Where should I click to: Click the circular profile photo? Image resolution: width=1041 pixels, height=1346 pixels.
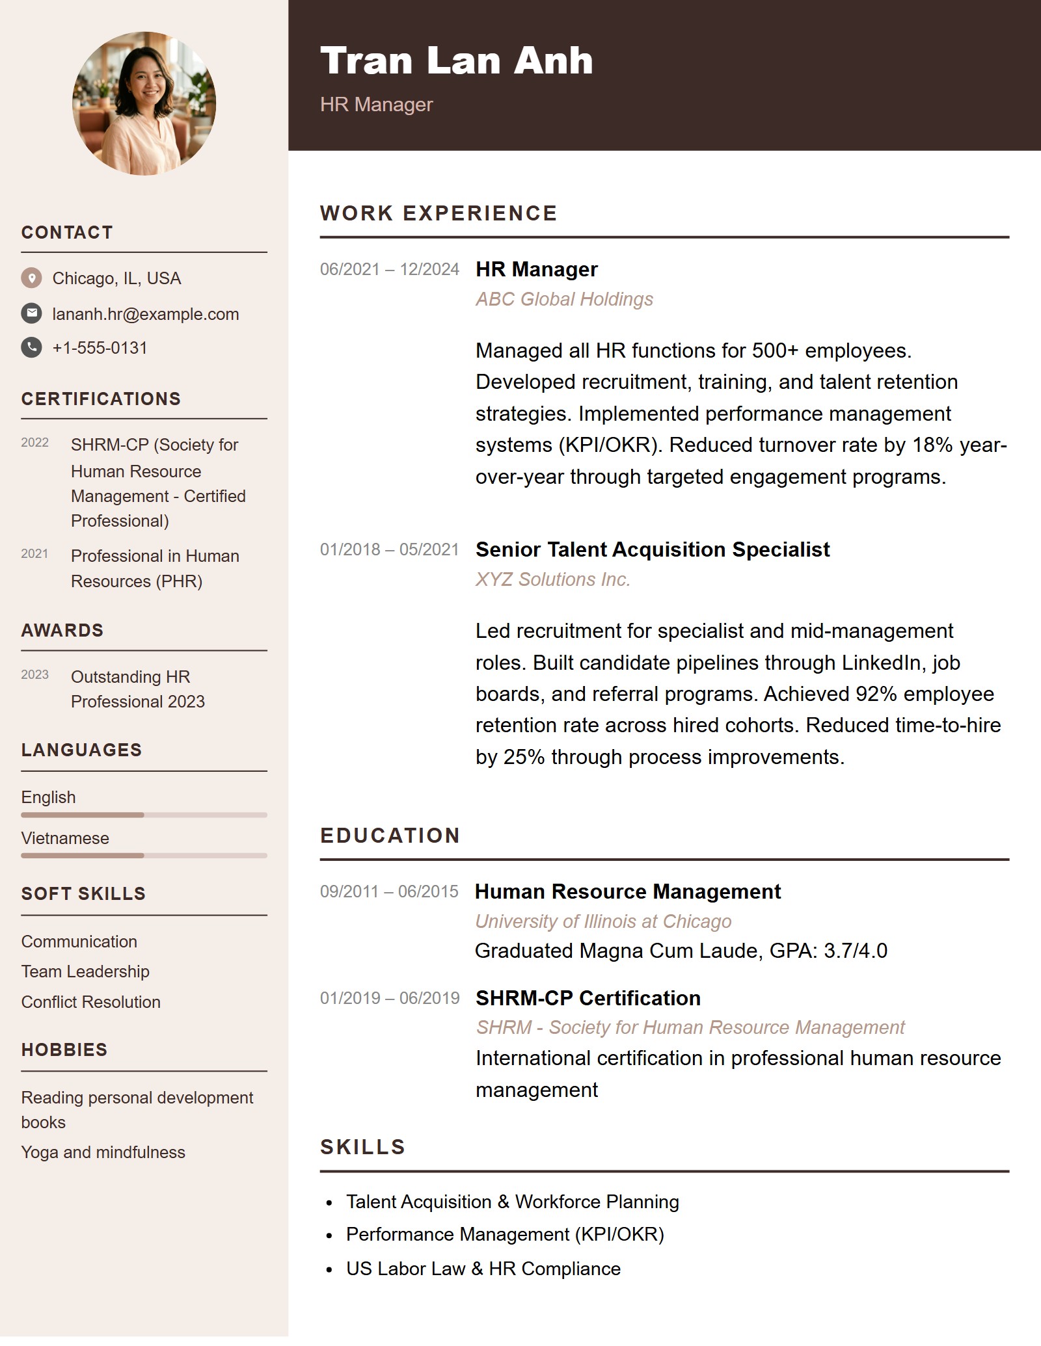[144, 103]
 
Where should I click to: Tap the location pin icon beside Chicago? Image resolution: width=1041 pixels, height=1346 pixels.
[31, 278]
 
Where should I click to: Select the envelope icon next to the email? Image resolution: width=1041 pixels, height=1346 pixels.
[31, 313]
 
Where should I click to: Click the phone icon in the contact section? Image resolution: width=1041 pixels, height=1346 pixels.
[31, 347]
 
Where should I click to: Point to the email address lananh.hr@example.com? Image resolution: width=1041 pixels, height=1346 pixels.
[145, 314]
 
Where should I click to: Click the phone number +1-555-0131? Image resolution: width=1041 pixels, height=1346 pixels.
[100, 348]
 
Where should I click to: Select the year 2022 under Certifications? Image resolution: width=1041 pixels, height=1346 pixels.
[34, 443]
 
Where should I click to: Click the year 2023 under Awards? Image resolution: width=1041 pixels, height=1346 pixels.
[34, 675]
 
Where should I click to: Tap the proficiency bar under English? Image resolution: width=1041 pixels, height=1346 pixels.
[144, 815]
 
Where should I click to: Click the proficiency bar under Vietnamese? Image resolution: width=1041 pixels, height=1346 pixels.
[144, 856]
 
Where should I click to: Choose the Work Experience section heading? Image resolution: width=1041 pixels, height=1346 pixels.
[439, 213]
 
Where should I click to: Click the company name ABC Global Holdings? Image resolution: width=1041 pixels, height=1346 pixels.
[564, 299]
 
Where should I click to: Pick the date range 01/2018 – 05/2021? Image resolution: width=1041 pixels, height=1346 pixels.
[389, 549]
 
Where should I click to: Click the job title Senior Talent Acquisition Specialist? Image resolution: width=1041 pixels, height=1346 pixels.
[653, 549]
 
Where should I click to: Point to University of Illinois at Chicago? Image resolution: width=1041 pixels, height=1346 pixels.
[603, 921]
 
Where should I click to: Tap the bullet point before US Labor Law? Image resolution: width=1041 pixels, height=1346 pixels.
[330, 1270]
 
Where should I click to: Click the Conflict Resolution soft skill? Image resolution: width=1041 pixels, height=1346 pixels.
[90, 1002]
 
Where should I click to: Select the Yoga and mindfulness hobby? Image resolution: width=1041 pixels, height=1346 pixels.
[103, 1152]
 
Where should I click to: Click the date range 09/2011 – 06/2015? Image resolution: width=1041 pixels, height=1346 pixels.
[389, 891]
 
